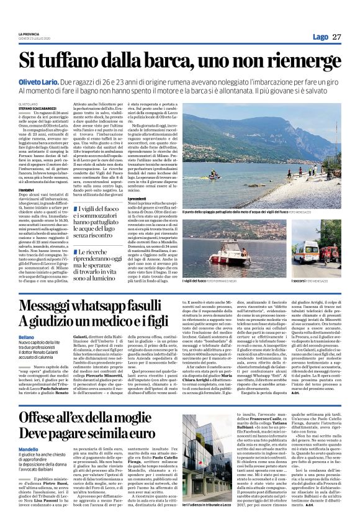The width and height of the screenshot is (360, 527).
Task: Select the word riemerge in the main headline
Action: point(306,61)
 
